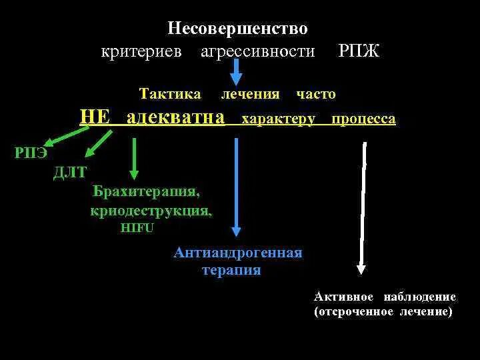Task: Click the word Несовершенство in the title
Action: (237, 29)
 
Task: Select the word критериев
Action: (141, 51)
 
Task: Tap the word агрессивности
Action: (258, 51)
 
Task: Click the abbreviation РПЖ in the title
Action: (359, 51)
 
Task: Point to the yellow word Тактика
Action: (170, 94)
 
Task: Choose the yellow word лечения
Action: (250, 94)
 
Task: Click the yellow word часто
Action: (316, 94)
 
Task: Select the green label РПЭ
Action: (31, 153)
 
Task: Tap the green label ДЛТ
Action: (70, 173)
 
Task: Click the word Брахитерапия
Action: (146, 192)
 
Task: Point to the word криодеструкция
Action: (151, 211)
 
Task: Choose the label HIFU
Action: (137, 227)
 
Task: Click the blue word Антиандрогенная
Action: (237, 253)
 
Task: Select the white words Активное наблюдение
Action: (385, 297)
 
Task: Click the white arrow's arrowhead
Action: (361, 269)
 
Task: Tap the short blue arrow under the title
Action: (237, 71)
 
